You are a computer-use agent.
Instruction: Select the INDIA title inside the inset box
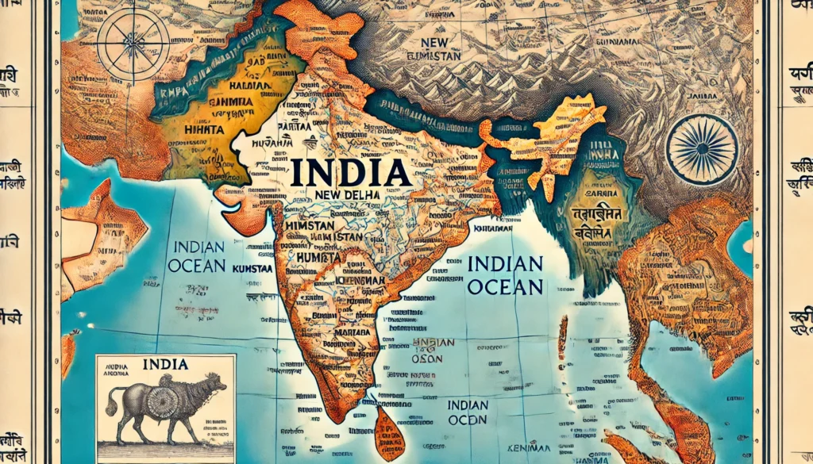point(166,364)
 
